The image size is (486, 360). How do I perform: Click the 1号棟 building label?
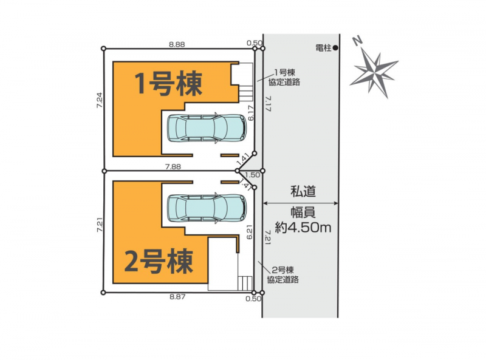(x=168, y=83)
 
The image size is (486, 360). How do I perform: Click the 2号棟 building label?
(x=159, y=261)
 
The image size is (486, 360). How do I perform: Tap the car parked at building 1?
(x=207, y=128)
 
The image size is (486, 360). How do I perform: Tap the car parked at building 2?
(x=207, y=208)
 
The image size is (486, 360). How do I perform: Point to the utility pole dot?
(x=335, y=48)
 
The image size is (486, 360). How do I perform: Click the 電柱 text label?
(x=323, y=48)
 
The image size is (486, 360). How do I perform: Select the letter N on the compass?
(x=358, y=41)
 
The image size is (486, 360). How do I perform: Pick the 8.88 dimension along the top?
(x=177, y=44)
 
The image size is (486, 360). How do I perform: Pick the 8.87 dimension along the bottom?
(x=177, y=297)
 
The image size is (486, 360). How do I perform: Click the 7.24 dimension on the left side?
(x=99, y=100)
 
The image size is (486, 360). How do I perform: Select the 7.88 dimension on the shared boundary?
(x=173, y=167)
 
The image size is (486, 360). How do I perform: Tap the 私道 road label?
(x=303, y=191)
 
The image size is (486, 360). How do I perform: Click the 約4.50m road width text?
(x=303, y=228)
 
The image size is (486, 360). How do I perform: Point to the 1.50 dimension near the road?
(x=253, y=175)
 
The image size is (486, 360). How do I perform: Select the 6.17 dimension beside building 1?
(x=251, y=113)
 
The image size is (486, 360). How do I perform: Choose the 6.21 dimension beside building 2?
(x=250, y=232)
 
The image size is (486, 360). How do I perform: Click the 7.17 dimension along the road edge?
(x=269, y=103)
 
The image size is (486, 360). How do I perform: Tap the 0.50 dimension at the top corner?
(x=255, y=43)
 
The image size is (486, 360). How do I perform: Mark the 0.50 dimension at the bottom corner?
(x=253, y=299)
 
